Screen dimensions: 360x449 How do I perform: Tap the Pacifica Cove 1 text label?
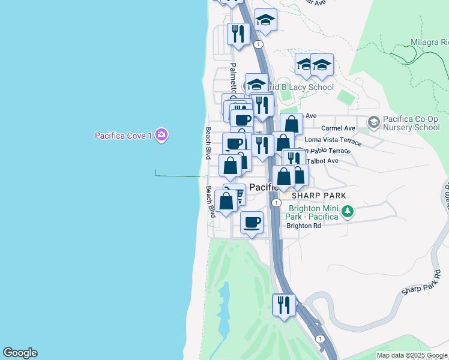[123, 136]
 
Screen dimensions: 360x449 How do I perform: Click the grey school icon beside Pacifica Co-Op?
[373, 122]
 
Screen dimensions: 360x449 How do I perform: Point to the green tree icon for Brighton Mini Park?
[346, 211]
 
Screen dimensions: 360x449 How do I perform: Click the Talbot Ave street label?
[323, 161]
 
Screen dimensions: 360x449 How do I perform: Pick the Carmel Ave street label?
[338, 128]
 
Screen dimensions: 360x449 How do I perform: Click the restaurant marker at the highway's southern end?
[284, 304]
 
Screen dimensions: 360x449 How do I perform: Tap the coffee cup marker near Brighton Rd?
[252, 222]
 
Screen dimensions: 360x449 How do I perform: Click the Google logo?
[20, 353]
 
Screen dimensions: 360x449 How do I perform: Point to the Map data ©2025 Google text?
[411, 355]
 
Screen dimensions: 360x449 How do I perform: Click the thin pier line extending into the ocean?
[180, 176]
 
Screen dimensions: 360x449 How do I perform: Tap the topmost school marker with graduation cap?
[265, 20]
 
